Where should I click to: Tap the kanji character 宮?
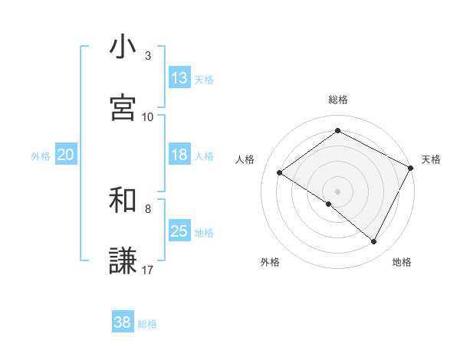pos(123,108)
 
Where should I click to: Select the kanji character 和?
pos(123,201)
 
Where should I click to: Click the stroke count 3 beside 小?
pos(147,55)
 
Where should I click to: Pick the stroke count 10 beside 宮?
pos(148,116)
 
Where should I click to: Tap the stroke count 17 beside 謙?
pos(148,270)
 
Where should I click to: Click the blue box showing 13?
pos(179,78)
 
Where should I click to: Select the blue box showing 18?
pos(179,155)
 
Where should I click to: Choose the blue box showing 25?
pos(179,231)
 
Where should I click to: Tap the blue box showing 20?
pos(65,155)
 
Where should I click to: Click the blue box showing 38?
pos(122,322)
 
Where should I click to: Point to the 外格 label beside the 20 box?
pos(41,156)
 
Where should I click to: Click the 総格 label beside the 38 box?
pos(147,324)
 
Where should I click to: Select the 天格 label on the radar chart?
pos(431,159)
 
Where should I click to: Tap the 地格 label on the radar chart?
pos(402,262)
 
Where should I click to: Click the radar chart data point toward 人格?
pos(280,173)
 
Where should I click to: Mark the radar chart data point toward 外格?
pos(329,205)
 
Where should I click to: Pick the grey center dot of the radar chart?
pos(337,191)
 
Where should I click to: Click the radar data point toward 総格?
pos(337,131)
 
